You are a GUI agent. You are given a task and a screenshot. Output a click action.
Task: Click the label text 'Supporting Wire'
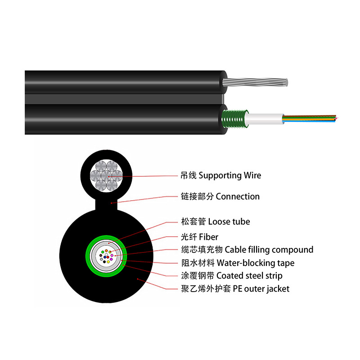pyautogui.click(x=229, y=175)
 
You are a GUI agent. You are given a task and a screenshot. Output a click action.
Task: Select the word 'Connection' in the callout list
pyautogui.click(x=238, y=197)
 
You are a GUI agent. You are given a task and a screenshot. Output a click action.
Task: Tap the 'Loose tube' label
pyautogui.click(x=229, y=221)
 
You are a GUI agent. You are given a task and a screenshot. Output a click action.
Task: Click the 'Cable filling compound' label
pyautogui.click(x=269, y=249)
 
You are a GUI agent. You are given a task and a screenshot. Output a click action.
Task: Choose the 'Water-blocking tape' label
pyautogui.click(x=255, y=263)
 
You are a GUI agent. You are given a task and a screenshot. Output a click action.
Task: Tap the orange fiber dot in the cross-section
pyautogui.click(x=106, y=251)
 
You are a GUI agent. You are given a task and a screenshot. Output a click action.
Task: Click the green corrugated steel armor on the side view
pyautogui.click(x=234, y=119)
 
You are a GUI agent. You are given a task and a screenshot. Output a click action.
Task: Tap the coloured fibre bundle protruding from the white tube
pyautogui.click(x=310, y=118)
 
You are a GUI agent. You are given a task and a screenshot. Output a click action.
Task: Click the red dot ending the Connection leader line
pyautogui.click(x=111, y=202)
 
